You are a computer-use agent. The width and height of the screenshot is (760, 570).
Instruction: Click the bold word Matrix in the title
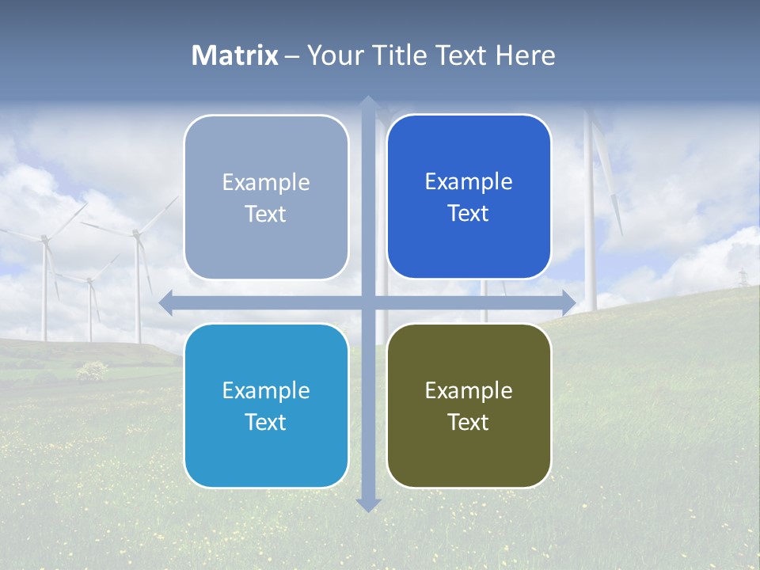235,55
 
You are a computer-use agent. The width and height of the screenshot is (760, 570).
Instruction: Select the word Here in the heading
525,55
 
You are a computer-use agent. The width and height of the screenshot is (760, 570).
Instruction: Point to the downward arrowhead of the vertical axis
368,504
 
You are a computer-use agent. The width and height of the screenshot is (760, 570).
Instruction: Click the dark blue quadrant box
469,196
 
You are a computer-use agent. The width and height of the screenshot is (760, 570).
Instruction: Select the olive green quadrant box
469,405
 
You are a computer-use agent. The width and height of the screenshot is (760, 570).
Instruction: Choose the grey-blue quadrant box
266,197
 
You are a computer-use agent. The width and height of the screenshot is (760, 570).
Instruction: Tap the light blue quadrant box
266,405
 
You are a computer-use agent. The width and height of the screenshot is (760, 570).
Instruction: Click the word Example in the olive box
469,390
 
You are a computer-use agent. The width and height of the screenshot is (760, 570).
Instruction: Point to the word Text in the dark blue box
469,213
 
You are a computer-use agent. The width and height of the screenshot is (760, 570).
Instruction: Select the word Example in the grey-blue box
266,182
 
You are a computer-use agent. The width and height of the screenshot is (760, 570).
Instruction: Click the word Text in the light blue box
266,422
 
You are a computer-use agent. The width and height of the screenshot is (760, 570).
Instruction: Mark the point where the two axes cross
368,302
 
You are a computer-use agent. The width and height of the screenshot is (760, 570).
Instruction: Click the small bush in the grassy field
93,370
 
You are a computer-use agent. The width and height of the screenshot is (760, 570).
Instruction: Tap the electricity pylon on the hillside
743,278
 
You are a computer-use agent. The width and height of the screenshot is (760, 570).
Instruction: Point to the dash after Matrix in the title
292,56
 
